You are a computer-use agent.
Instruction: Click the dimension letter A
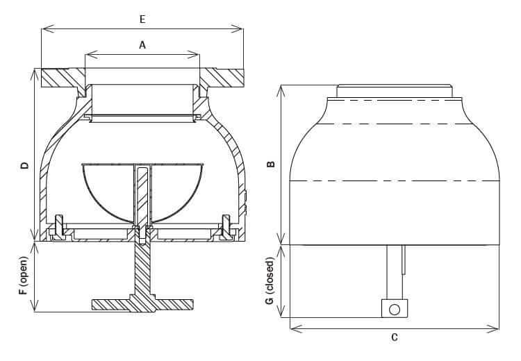pos(142,44)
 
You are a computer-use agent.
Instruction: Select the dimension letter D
pos(24,166)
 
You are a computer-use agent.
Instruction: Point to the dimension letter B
pos(271,165)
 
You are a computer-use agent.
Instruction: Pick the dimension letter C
pos(395,338)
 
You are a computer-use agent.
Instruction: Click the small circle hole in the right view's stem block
pos(395,309)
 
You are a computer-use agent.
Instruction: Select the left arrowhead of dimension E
pos(44,29)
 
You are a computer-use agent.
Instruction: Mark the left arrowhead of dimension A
pos(88,54)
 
